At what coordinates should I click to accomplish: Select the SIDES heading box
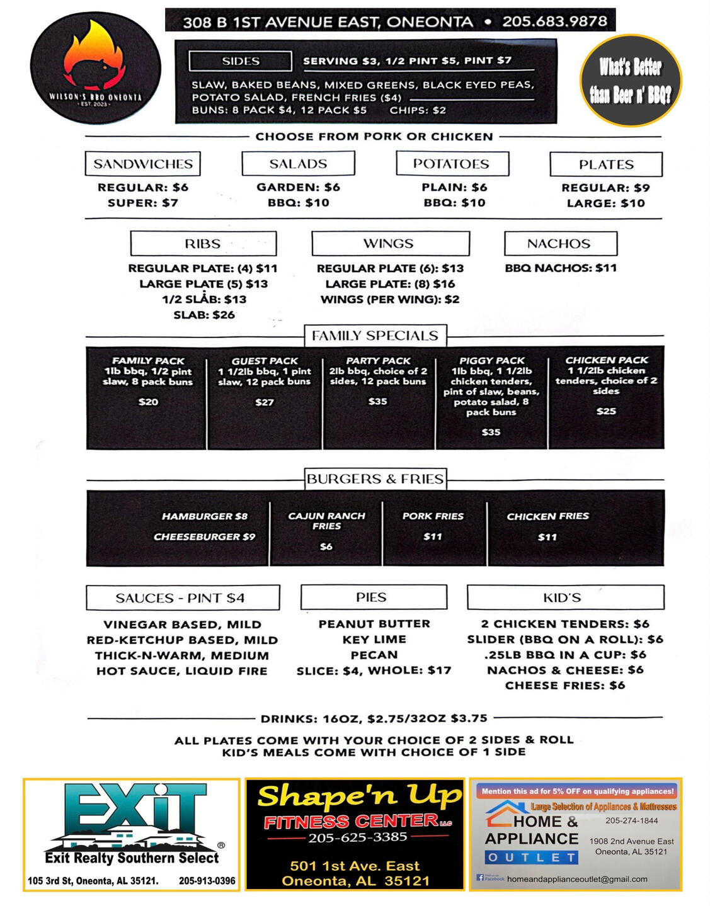coord(240,61)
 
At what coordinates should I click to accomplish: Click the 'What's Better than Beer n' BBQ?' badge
coord(630,81)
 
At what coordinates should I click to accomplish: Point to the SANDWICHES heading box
coord(143,164)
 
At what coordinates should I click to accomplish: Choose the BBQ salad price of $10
coord(299,203)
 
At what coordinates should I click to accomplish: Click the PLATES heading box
coord(606,164)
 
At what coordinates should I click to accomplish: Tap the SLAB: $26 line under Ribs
coord(204,315)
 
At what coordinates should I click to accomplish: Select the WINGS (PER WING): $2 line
coord(390,300)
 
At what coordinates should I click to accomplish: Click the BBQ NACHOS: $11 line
coord(561,268)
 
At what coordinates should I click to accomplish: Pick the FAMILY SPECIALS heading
coord(375,336)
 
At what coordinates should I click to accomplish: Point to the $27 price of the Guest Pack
coord(265,402)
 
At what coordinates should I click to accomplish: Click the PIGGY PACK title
coord(491,361)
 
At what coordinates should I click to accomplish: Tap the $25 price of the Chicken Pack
coord(606,411)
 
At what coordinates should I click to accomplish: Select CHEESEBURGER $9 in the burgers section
coord(204,537)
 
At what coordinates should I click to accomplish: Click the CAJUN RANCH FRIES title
coord(326,521)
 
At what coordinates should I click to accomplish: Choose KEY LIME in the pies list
coord(374,640)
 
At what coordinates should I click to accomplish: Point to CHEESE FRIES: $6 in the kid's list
coord(564,686)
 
